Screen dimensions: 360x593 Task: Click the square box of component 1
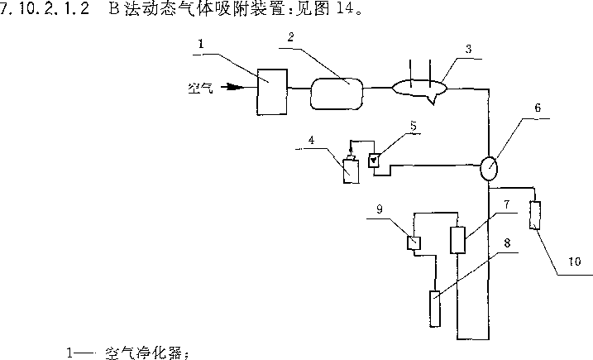point(271,92)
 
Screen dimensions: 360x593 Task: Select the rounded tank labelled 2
point(337,91)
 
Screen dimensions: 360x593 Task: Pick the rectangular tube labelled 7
point(457,240)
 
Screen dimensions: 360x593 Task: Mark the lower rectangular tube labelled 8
point(435,310)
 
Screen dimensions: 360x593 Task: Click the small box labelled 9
point(414,243)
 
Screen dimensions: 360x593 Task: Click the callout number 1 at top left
point(199,41)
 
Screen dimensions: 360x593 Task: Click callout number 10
point(574,262)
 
